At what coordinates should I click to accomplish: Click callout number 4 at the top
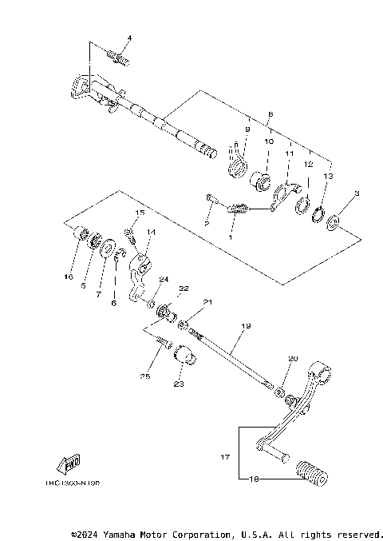(129, 38)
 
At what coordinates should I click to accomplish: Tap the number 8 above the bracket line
(270, 113)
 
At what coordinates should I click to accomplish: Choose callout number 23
(179, 384)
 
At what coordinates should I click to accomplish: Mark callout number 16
(69, 276)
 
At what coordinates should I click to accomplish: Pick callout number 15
(139, 213)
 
